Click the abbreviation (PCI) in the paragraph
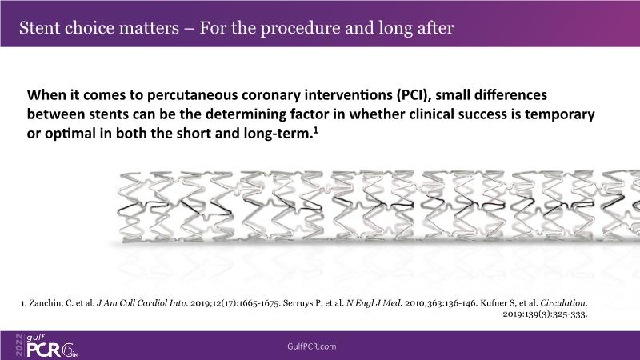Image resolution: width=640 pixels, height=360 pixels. [x=414, y=95]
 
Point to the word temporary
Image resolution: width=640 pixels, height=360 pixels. [x=559, y=114]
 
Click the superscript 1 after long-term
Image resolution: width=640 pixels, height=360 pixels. [x=315, y=130]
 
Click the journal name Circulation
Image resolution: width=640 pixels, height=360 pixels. [x=563, y=303]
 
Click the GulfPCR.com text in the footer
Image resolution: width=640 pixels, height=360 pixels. [x=312, y=346]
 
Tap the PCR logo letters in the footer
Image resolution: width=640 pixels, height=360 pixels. [x=44, y=350]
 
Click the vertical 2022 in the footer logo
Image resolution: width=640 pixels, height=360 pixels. [x=19, y=345]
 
